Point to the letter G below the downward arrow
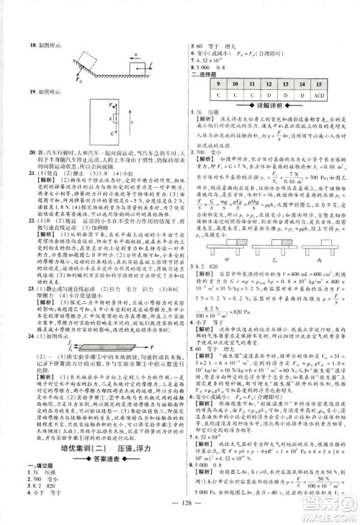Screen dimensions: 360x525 93,133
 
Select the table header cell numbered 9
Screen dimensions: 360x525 197,85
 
